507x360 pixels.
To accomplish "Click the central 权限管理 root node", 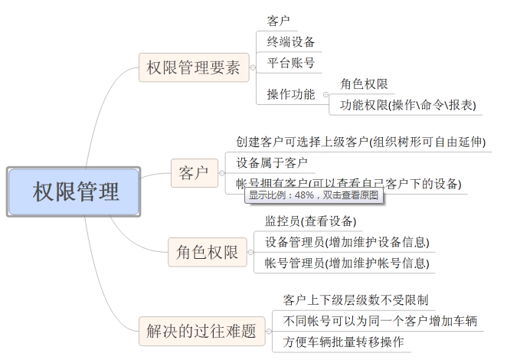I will (74, 191).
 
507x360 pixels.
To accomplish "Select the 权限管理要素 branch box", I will (193, 68).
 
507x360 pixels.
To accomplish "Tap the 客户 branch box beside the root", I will (194, 173).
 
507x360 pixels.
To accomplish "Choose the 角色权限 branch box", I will (203, 252).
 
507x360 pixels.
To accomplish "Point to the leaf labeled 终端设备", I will (291, 41).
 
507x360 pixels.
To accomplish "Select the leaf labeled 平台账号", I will (290, 63).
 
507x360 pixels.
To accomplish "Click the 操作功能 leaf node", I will (291, 94).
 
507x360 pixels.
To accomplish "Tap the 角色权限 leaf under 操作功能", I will (364, 83).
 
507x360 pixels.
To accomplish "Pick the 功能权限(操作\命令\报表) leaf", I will (407, 105).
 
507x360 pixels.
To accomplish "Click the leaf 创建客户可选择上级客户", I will (361, 142).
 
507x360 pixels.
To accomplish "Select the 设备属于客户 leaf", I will (272, 162).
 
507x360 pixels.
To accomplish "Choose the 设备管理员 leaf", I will (347, 243).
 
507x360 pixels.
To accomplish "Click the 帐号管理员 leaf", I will (347, 263).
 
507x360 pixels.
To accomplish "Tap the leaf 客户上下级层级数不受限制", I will (355, 299).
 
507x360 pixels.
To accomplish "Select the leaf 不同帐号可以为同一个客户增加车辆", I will (380, 320).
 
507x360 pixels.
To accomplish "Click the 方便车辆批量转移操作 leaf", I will (343, 342).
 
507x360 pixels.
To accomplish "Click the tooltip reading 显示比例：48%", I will (314, 195).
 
